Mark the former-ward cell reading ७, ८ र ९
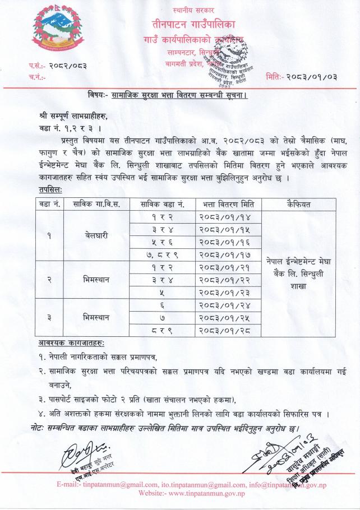click(x=162, y=254)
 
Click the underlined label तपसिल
click(x=50, y=190)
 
